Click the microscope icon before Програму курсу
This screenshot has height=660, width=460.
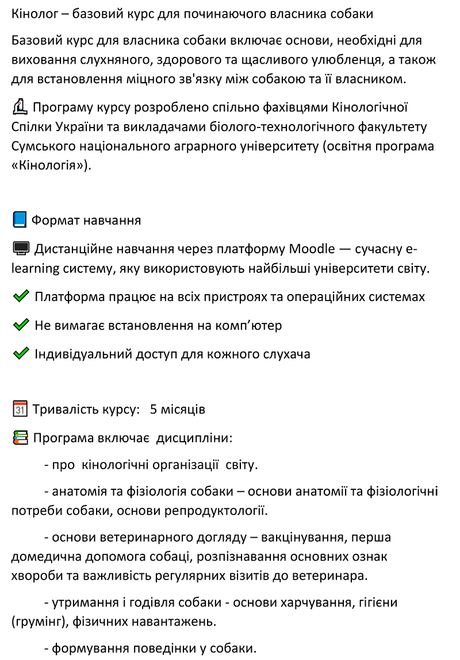click(x=20, y=107)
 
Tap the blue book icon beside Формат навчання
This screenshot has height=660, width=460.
click(x=20, y=220)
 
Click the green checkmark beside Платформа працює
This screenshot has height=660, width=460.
click(x=21, y=297)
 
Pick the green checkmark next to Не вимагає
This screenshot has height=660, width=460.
click(x=21, y=325)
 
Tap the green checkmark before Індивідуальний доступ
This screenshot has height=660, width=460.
click(x=21, y=354)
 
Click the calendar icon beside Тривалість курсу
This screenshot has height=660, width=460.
click(x=20, y=410)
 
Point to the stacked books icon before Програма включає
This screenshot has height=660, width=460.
click(x=20, y=438)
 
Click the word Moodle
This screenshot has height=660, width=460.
click(x=311, y=249)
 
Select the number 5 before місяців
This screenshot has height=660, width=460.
click(x=154, y=410)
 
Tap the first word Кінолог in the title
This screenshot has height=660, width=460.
click(x=33, y=13)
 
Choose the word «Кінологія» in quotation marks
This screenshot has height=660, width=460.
click(x=48, y=166)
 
